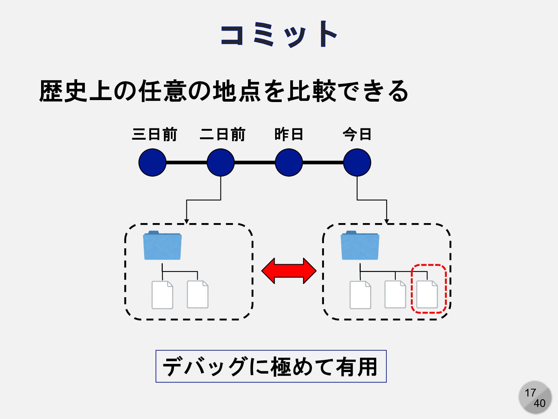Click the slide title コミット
278,35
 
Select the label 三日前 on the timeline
154,134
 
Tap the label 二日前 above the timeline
222,134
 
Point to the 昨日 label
289,134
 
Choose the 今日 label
357,134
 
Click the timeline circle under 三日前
152,163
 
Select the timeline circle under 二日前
220,163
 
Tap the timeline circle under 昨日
289,163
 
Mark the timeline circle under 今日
357,163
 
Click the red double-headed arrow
289,271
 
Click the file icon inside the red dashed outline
427,295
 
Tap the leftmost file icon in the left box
162,295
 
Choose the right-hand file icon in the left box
198,295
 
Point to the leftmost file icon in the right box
360,295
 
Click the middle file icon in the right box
395,295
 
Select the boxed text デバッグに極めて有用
271,366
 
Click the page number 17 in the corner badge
530,393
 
